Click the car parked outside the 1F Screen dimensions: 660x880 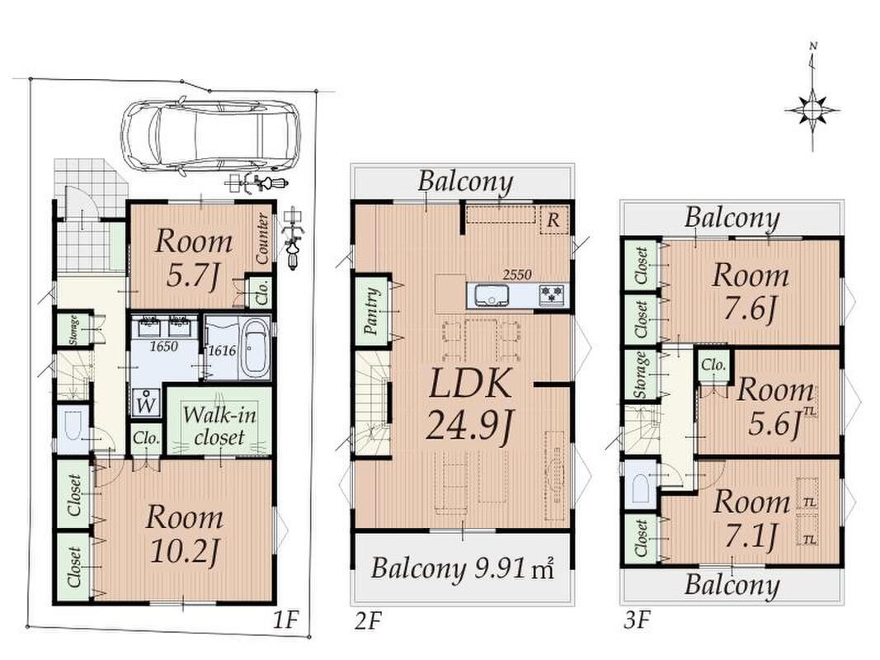point(210,135)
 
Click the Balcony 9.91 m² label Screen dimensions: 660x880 point(461,568)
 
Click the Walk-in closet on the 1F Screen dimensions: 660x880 point(219,425)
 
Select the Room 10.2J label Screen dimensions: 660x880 point(184,532)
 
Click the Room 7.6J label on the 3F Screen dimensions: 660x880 point(751,290)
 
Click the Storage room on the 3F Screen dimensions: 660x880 point(641,375)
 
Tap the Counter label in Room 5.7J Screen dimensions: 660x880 point(263,239)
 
